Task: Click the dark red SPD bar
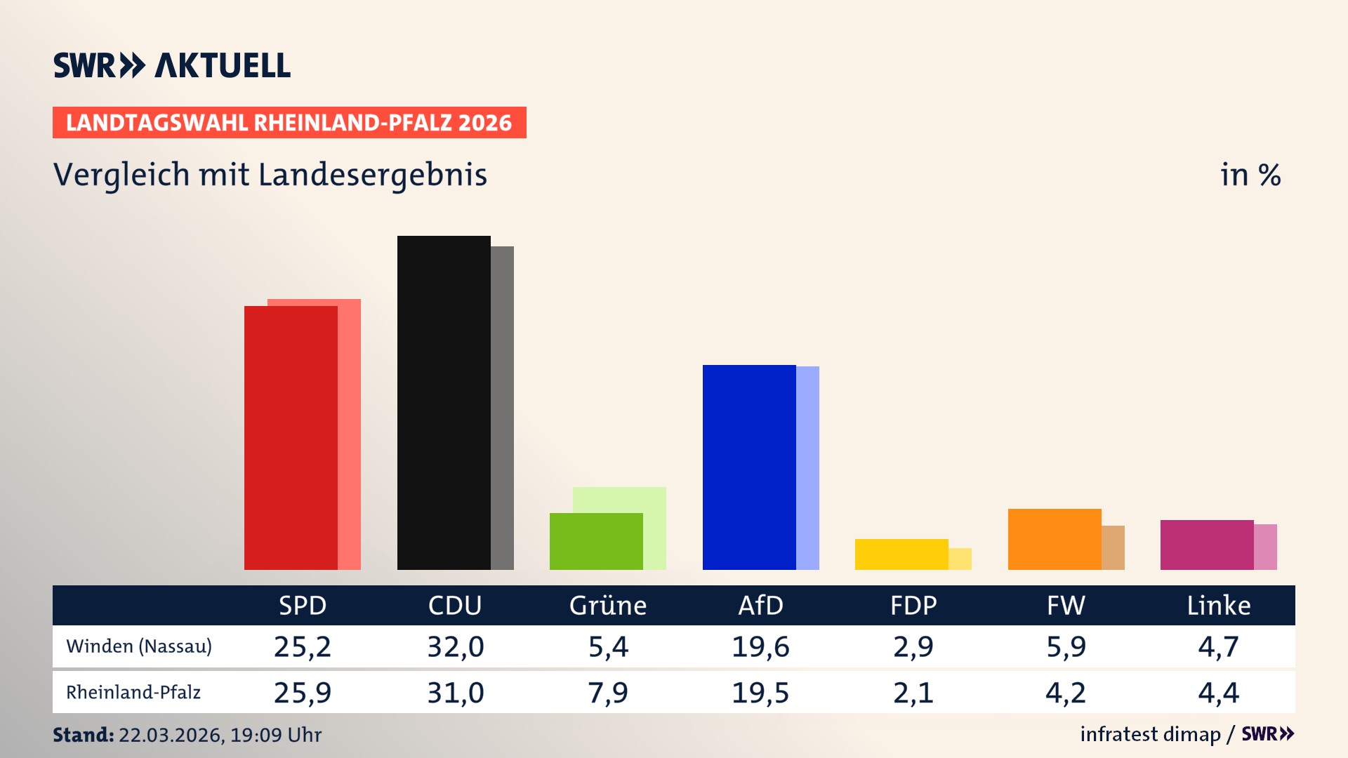pyautogui.click(x=291, y=437)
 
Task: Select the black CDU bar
pyautogui.click(x=444, y=402)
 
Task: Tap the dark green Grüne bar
pyautogui.click(x=596, y=541)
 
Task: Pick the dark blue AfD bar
pyautogui.click(x=749, y=467)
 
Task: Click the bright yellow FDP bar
pyautogui.click(x=901, y=554)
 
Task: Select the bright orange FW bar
pyautogui.click(x=1055, y=539)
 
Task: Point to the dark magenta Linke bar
pyautogui.click(x=1207, y=545)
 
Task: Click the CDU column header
pyautogui.click(x=455, y=606)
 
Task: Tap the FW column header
pyautogui.click(x=1066, y=606)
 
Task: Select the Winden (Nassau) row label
pyautogui.click(x=139, y=646)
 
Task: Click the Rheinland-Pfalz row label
pyautogui.click(x=133, y=693)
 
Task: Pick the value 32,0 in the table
pyautogui.click(x=456, y=646)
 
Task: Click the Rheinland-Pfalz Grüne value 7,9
pyautogui.click(x=608, y=693)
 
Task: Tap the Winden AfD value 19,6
pyautogui.click(x=760, y=646)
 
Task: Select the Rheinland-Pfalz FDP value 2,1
pyautogui.click(x=913, y=693)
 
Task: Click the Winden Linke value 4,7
pyautogui.click(x=1218, y=646)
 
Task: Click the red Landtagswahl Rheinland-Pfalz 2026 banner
pyautogui.click(x=289, y=123)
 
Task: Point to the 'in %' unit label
pyautogui.click(x=1250, y=175)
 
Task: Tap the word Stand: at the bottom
pyautogui.click(x=83, y=735)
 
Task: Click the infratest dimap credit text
pyautogui.click(x=1150, y=734)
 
